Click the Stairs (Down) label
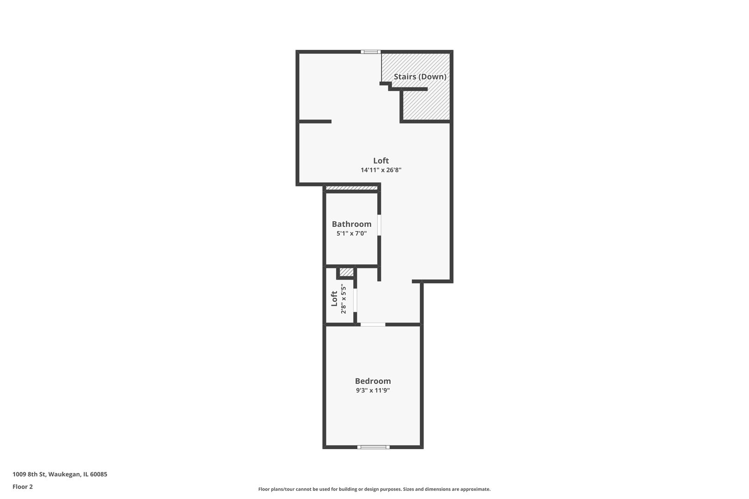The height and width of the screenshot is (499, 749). tap(420, 77)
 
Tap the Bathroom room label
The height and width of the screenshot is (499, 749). tap(351, 224)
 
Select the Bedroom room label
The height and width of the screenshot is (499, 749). tap(373, 381)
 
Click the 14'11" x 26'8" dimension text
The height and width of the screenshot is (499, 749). tap(381, 170)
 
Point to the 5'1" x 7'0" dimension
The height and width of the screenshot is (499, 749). tap(351, 234)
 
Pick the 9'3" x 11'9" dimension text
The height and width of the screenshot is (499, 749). tap(373, 390)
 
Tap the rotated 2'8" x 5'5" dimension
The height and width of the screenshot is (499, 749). tap(344, 299)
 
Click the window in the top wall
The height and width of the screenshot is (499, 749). tap(371, 52)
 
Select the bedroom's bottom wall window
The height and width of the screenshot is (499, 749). tap(373, 447)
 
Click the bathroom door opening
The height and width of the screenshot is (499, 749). tap(379, 225)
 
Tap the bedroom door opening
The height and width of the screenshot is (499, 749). tap(373, 324)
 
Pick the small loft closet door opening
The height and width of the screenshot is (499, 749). tap(355, 299)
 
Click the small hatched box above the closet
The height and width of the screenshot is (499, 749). tap(346, 272)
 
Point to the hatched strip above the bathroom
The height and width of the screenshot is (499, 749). tap(351, 188)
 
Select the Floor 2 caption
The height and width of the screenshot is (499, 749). tap(23, 487)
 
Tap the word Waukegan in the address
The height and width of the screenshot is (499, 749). tap(64, 474)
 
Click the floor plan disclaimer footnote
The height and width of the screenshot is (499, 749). tap(374, 489)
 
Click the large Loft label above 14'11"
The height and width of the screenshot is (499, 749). tap(381, 160)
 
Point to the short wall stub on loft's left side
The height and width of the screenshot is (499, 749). tap(315, 122)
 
